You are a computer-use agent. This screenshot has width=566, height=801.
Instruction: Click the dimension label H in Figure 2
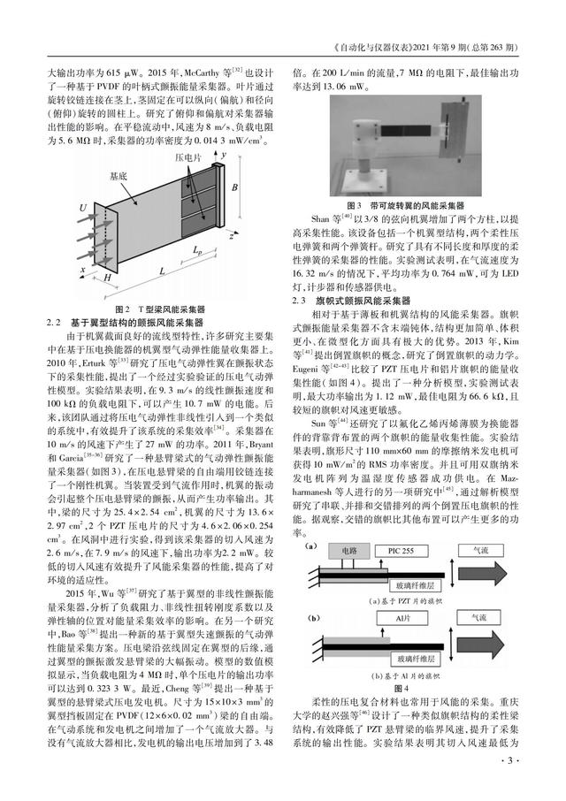tap(108, 278)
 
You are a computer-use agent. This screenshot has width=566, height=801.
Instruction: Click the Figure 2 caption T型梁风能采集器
tap(158, 310)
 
